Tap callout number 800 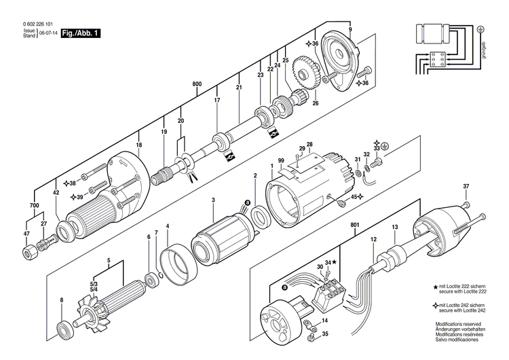(197, 84)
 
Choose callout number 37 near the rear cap (466, 187)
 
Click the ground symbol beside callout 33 (385, 146)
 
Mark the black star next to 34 (335, 262)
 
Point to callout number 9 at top (350, 29)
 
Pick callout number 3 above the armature (213, 200)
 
